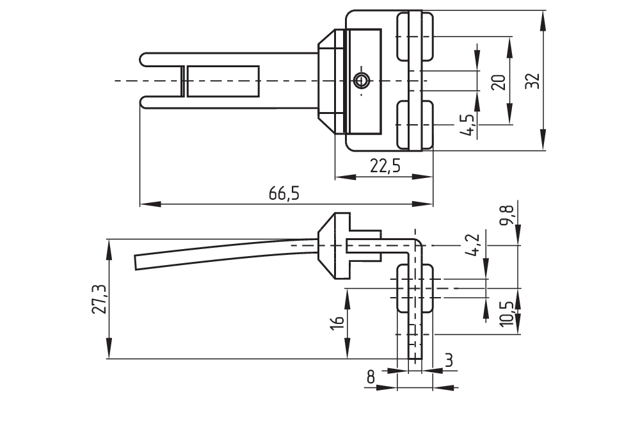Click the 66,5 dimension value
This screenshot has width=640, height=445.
pyautogui.click(x=284, y=194)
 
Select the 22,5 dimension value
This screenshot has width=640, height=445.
pyautogui.click(x=385, y=166)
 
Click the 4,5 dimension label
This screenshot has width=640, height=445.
pyautogui.click(x=467, y=124)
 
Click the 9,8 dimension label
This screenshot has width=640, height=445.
pyautogui.click(x=508, y=214)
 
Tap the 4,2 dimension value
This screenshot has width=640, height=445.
pyautogui.click(x=474, y=245)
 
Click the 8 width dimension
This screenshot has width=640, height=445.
pyautogui.click(x=371, y=378)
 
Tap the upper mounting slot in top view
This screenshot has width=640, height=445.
pyautogui.click(x=415, y=37)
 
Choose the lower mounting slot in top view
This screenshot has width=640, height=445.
pyautogui.click(x=415, y=124)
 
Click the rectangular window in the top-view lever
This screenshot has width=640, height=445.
pyautogui.click(x=224, y=81)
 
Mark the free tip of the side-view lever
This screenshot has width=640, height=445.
pyautogui.click(x=138, y=263)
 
